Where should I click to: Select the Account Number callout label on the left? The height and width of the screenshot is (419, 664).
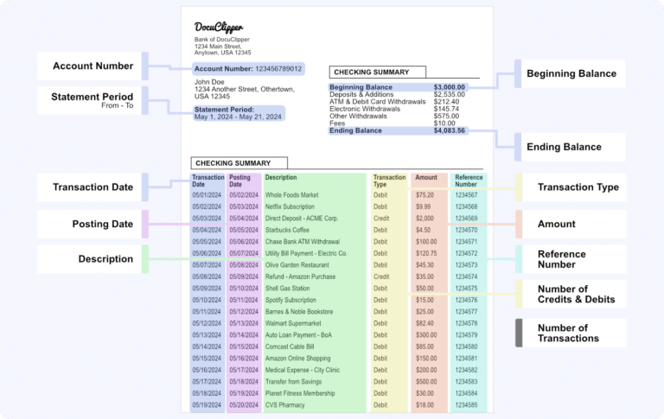[93, 67]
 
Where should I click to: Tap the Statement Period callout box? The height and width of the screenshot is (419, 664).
[93, 100]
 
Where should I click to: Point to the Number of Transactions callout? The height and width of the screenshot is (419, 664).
[568, 333]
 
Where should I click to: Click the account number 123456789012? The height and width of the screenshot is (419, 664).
[278, 67]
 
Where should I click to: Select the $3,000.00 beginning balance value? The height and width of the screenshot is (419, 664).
[450, 87]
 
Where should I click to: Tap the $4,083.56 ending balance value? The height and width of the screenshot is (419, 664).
[450, 130]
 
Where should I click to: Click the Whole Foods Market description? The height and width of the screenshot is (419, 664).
[291, 195]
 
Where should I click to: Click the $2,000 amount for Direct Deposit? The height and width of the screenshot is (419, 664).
[425, 219]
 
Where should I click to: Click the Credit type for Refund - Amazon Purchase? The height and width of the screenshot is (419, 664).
[381, 277]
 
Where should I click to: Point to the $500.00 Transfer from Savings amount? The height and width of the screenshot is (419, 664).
[426, 381]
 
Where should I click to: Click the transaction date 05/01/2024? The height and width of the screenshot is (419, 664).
[207, 195]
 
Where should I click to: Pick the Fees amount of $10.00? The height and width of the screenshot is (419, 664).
[445, 124]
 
